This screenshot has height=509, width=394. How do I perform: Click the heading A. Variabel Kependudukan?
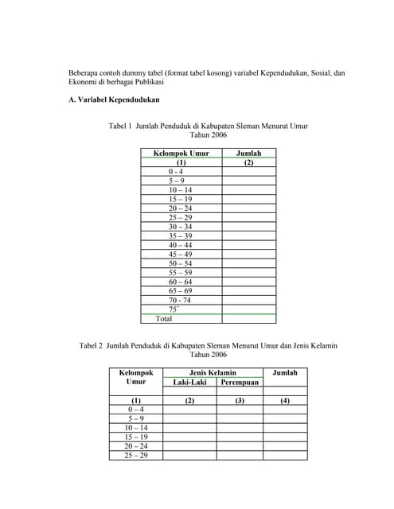click(x=114, y=100)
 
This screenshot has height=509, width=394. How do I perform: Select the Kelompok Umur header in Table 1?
click(x=181, y=153)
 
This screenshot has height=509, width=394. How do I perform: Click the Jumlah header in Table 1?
click(x=248, y=153)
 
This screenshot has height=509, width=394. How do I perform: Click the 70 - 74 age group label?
click(x=180, y=300)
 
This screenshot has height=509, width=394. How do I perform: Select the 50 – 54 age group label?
click(x=180, y=263)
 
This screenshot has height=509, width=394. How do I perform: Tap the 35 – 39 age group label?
click(x=180, y=236)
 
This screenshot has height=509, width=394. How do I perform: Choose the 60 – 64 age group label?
click(x=180, y=282)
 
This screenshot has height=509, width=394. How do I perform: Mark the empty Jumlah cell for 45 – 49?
click(x=248, y=254)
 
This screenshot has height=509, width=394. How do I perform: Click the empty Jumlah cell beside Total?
click(x=248, y=318)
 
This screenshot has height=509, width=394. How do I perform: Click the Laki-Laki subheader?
click(x=189, y=383)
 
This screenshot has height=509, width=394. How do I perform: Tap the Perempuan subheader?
click(x=240, y=383)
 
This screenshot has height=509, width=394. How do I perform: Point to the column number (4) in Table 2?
click(x=285, y=400)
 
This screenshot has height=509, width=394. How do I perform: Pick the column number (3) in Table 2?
click(x=240, y=400)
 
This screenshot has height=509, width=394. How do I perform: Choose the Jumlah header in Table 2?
click(x=285, y=372)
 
